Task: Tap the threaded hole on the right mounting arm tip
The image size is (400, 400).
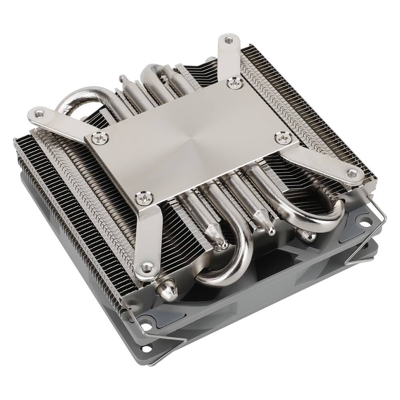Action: click(x=352, y=173)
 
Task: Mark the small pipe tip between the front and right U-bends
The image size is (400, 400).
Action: click(x=270, y=228)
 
